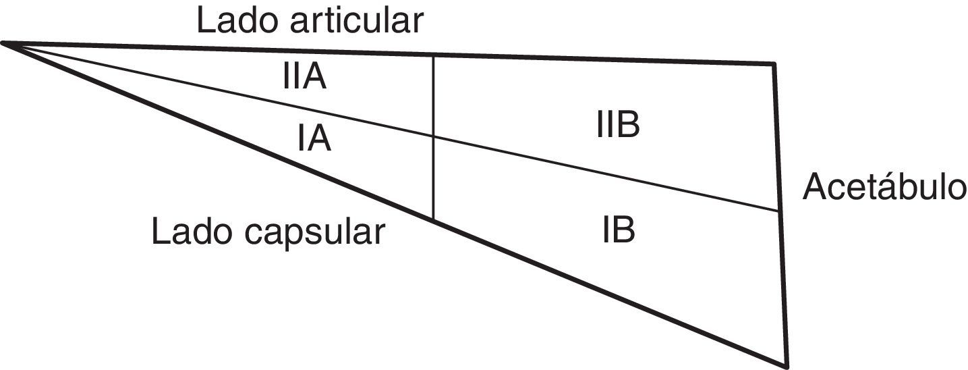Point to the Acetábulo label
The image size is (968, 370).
pyautogui.click(x=884, y=188)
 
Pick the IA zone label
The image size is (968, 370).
pyautogui.click(x=314, y=139)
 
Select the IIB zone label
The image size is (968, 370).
pyautogui.click(x=618, y=126)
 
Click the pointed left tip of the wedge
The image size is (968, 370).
pyautogui.click(x=3, y=44)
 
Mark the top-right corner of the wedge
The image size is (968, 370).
pyautogui.click(x=774, y=64)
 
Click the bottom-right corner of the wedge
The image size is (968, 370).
pyautogui.click(x=787, y=365)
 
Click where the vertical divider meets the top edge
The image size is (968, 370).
pyautogui.click(x=432, y=55)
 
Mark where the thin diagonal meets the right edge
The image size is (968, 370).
pyautogui.click(x=780, y=211)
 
